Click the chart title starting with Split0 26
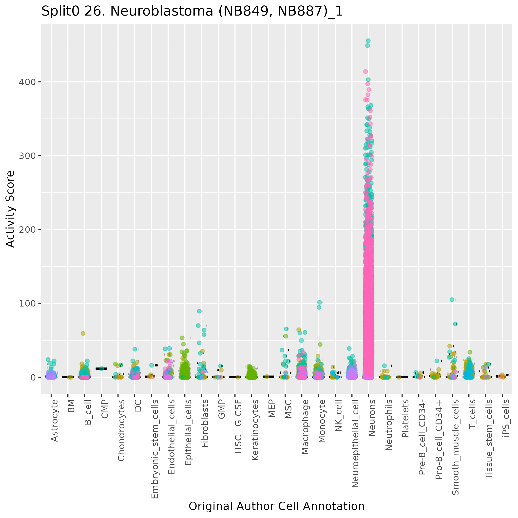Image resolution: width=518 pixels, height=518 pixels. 192,12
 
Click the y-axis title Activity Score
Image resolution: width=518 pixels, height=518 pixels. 10,209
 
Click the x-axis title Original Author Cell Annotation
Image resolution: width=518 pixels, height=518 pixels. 276,506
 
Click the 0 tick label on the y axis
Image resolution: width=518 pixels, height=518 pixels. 33,377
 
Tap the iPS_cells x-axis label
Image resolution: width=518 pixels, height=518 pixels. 506,418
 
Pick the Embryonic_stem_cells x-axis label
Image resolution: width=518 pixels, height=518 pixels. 155,445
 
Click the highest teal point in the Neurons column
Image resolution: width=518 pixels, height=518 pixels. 368,41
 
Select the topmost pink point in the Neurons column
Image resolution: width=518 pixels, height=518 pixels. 365,72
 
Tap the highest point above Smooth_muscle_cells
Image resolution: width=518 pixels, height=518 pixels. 452,300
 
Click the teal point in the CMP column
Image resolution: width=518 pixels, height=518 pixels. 102,369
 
